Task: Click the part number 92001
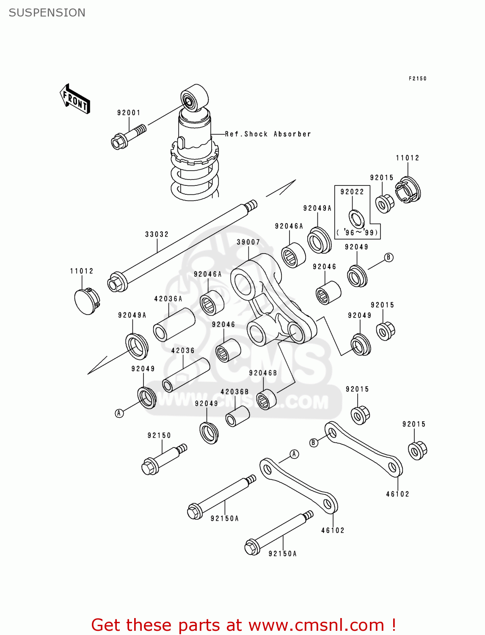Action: pyautogui.click(x=129, y=113)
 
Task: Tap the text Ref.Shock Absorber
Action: pyautogui.click(x=268, y=134)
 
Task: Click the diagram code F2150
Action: pyautogui.click(x=417, y=79)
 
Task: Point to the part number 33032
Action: pyautogui.click(x=157, y=234)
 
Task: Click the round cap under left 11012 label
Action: pyautogui.click(x=86, y=301)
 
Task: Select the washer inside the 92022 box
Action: pyautogui.click(x=356, y=218)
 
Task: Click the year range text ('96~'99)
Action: pyautogui.click(x=357, y=232)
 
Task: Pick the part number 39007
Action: pyautogui.click(x=248, y=242)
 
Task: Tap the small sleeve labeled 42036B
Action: pyautogui.click(x=237, y=416)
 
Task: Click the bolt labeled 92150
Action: pyautogui.click(x=163, y=460)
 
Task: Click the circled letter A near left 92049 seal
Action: pyautogui.click(x=119, y=413)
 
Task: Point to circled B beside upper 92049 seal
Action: pyautogui.click(x=389, y=257)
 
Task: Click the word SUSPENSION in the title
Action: pyautogui.click(x=47, y=13)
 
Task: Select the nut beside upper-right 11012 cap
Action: pyautogui.click(x=385, y=204)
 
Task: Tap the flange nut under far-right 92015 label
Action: pyautogui.click(x=417, y=450)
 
